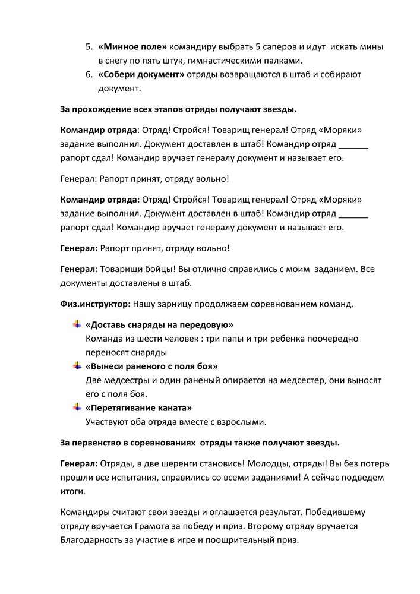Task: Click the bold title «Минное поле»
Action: [132, 46]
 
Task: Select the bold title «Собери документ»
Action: [141, 75]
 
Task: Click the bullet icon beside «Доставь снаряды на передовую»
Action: [77, 324]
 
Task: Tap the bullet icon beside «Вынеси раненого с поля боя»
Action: [77, 366]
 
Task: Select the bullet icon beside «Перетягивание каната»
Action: [77, 407]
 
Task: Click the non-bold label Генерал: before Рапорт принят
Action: [79, 178]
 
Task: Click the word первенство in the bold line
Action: [97, 443]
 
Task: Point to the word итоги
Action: [73, 492]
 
